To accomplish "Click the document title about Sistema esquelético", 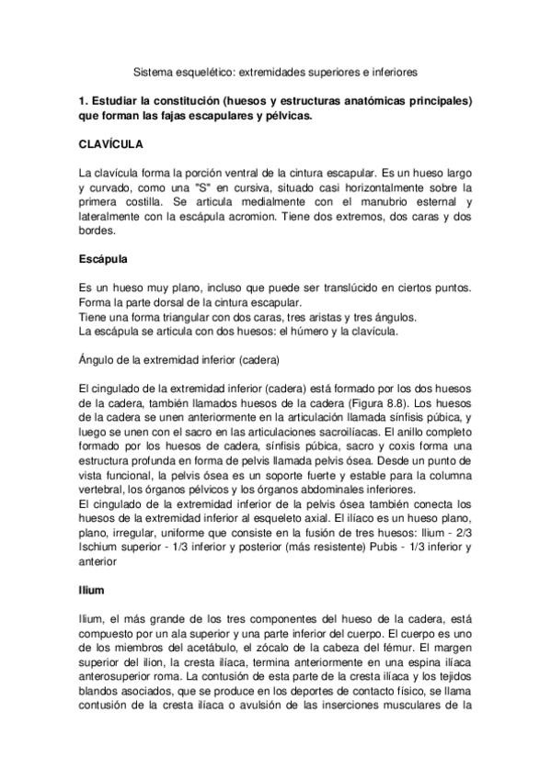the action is click(276, 70).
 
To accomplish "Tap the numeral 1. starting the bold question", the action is click(85, 101).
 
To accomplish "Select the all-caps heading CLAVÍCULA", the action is click(109, 146).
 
